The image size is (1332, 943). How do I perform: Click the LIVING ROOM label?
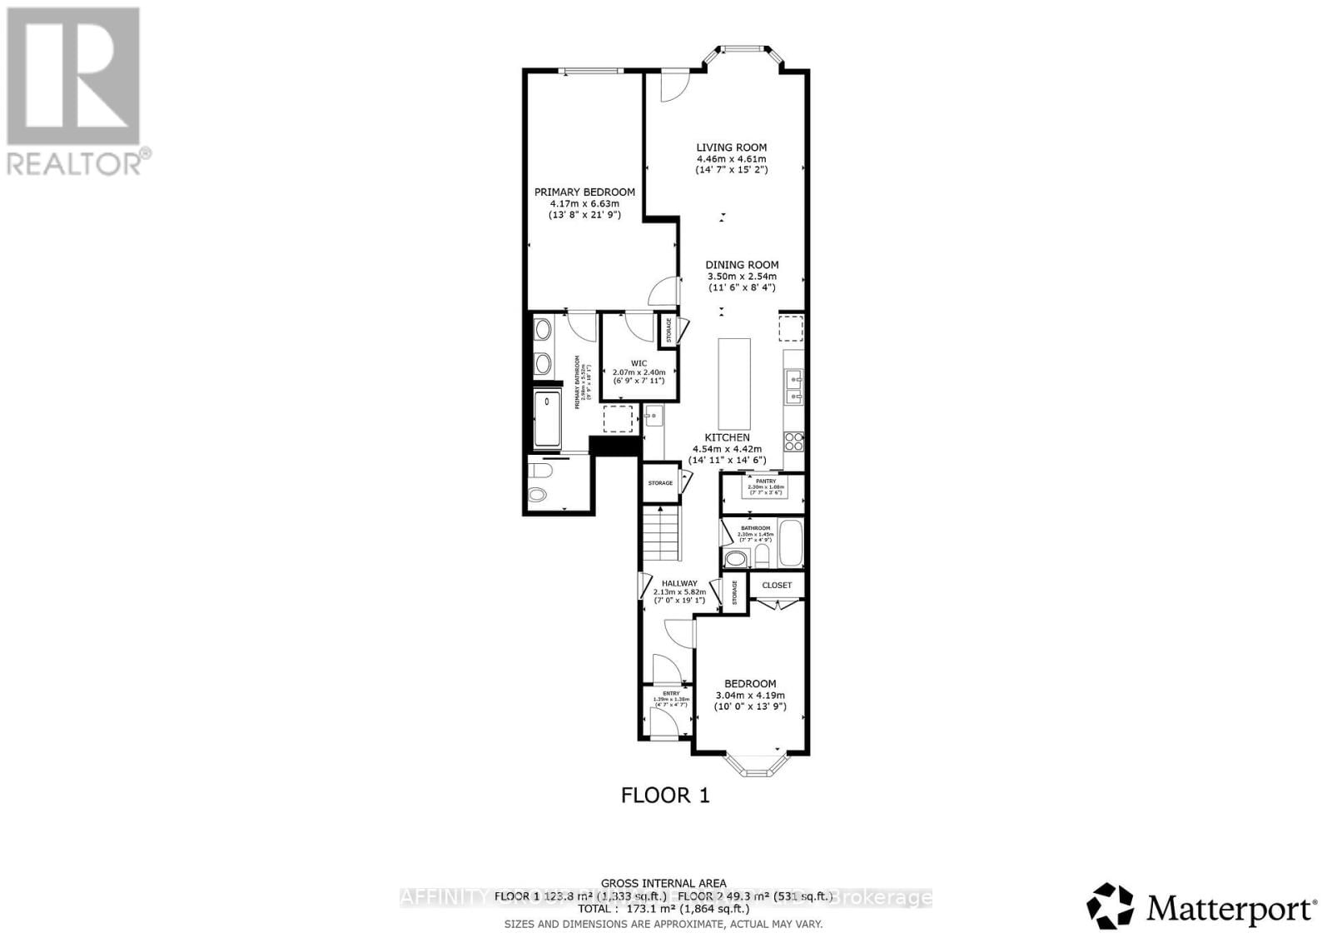click(731, 147)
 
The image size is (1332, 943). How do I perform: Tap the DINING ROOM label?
click(742, 265)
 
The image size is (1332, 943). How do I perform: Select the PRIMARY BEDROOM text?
click(584, 192)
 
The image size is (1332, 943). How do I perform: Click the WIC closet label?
click(639, 363)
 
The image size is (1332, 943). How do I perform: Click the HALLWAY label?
click(679, 584)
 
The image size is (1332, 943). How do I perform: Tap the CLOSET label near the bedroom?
click(777, 585)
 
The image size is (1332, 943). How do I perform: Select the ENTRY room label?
click(670, 693)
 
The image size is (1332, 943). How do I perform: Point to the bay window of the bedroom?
click(755, 764)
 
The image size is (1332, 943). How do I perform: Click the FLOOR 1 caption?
click(665, 796)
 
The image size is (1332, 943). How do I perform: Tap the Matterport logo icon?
click(1111, 906)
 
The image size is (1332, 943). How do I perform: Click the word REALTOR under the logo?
click(75, 162)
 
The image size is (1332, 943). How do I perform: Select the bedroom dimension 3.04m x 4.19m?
click(750, 696)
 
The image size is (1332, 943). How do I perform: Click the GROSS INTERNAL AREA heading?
click(664, 883)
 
